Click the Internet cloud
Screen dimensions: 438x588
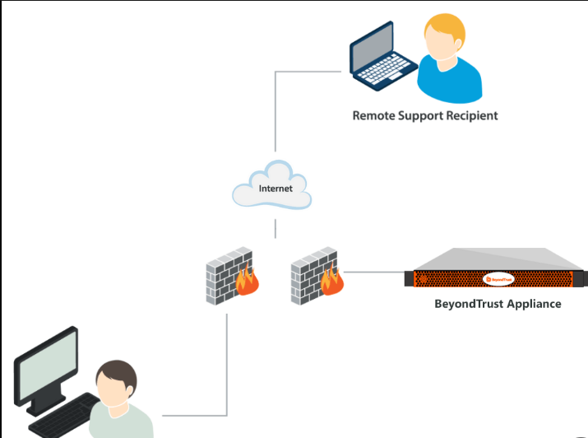272,188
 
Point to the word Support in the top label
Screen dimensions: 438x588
422,115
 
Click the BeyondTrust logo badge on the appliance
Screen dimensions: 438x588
498,279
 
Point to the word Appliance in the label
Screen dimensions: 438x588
535,304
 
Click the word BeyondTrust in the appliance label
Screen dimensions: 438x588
470,304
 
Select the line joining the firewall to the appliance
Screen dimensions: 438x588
375,273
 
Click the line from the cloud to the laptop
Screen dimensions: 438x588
275,115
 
